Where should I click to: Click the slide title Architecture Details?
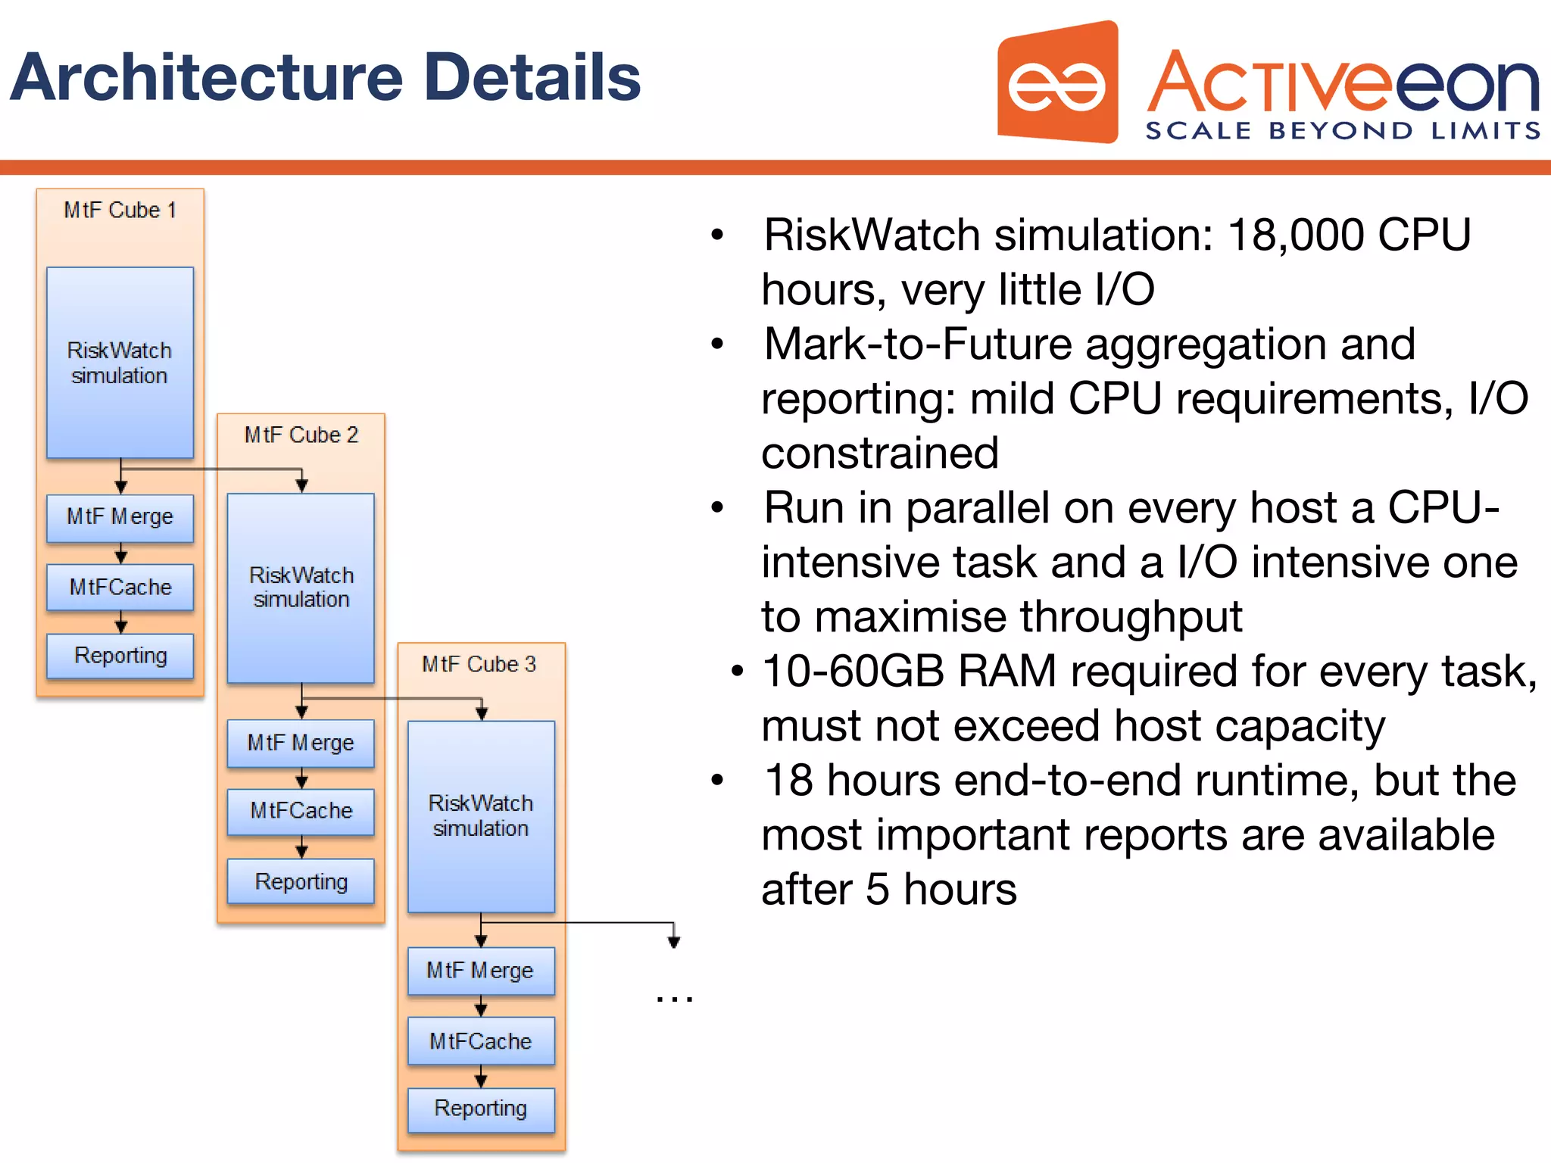coord(326,77)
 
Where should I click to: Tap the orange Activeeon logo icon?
coord(1057,83)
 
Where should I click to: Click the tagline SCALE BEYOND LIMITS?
coord(1342,131)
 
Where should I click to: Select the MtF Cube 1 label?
coord(120,210)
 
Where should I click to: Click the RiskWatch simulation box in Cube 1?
coord(120,363)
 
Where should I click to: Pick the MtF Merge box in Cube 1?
coord(120,517)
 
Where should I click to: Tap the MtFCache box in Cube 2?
coord(301,811)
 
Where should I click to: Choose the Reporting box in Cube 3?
coord(481,1108)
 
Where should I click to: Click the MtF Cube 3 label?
coord(479,664)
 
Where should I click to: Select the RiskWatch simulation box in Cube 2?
coord(301,588)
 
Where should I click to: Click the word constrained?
coord(880,454)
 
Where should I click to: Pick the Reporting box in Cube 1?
coord(120,656)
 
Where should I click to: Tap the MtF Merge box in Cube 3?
coord(481,971)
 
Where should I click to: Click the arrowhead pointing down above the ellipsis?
coord(673,942)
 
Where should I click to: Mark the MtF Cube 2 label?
coord(301,435)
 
